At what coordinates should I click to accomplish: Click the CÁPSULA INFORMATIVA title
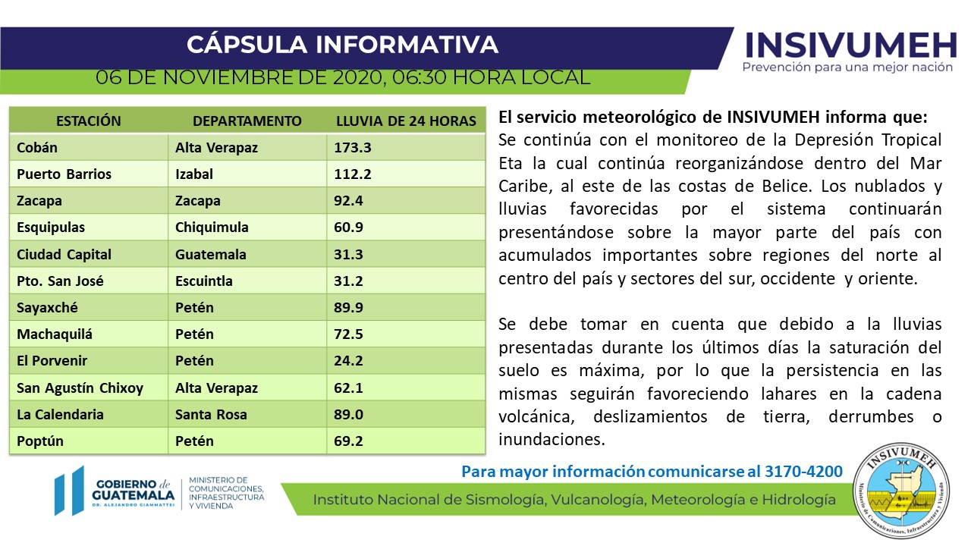click(x=342, y=44)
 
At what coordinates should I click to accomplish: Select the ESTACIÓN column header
click(x=89, y=121)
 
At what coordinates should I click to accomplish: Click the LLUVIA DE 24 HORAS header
click(x=406, y=121)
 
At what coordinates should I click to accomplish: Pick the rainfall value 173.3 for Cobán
click(x=353, y=148)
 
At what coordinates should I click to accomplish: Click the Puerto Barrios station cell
click(x=64, y=174)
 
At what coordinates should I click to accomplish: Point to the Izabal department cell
click(x=194, y=174)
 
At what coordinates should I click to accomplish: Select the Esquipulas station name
click(x=51, y=227)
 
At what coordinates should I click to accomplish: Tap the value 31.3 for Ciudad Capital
click(x=348, y=255)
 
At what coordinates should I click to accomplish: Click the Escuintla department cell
click(x=204, y=281)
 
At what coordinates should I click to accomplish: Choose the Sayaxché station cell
click(x=47, y=308)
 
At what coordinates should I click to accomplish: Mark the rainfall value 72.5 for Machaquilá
click(x=348, y=334)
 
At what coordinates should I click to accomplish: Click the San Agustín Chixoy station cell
click(x=80, y=388)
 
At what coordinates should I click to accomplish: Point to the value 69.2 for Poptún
click(x=348, y=441)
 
